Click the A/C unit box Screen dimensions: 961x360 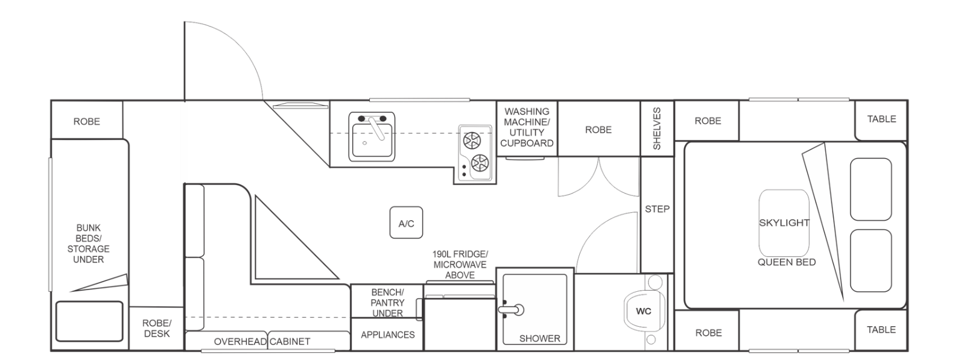[x=406, y=223]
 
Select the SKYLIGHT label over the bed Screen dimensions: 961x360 [x=784, y=223]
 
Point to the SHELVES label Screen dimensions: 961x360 [x=657, y=128]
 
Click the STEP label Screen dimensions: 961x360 [x=657, y=209]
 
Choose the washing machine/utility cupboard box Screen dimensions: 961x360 [x=527, y=128]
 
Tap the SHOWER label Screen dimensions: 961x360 [x=540, y=338]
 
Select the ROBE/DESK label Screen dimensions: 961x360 [x=157, y=328]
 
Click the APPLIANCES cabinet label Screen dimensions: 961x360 [x=388, y=335]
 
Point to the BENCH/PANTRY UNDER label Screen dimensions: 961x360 [x=387, y=303]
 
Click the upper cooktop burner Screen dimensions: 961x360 [x=472, y=141]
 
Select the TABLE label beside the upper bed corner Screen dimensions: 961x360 [x=881, y=119]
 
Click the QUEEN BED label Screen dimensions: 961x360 [x=787, y=262]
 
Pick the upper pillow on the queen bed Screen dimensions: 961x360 [x=871, y=189]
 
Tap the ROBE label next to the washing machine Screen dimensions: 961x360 [x=598, y=130]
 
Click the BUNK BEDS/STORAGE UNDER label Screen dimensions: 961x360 [x=88, y=244]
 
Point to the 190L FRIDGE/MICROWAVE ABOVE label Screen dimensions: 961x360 [x=460, y=265]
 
